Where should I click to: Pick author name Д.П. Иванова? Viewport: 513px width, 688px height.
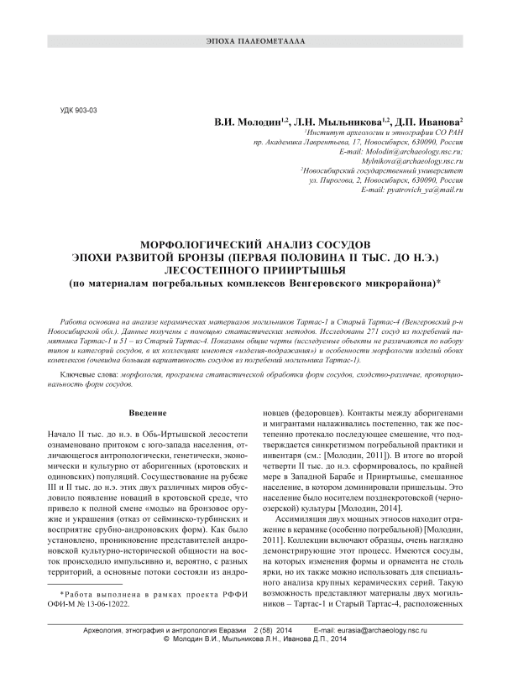(x=432, y=122)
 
